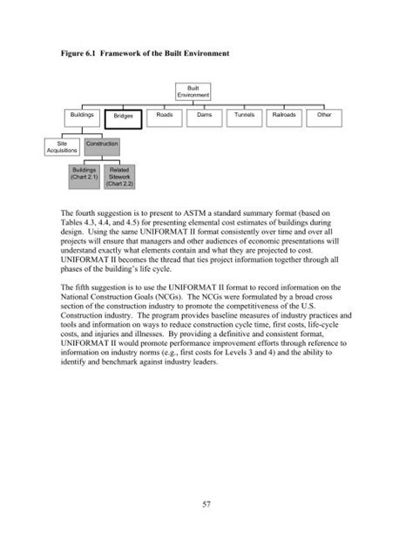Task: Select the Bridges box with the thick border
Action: point(123,117)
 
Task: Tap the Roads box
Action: point(164,115)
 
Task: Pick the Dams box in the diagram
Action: point(204,115)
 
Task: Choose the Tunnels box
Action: point(244,115)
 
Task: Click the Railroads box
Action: point(284,115)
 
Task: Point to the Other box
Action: point(324,115)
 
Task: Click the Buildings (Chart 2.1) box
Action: point(84,177)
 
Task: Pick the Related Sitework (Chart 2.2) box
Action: point(119,177)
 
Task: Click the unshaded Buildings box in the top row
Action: point(84,115)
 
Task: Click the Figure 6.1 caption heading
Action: point(145,53)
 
